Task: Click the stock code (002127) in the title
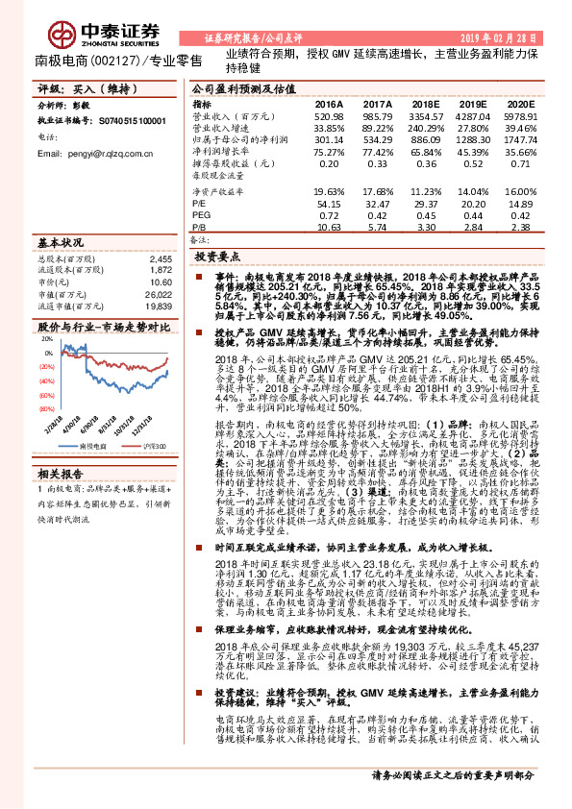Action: click(x=112, y=61)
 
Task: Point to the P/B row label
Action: click(x=201, y=227)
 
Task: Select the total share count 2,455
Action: click(x=160, y=259)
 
